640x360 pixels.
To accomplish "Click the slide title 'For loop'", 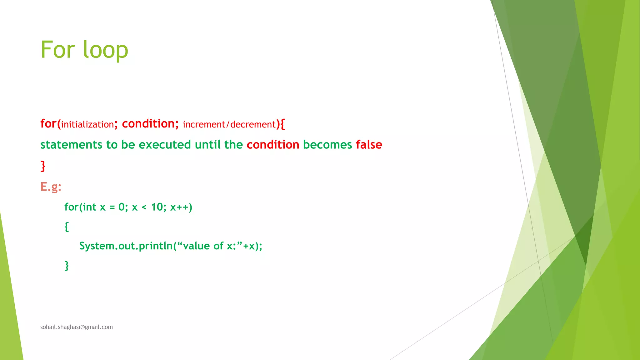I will pos(84,50).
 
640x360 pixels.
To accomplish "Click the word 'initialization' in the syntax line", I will pos(87,124).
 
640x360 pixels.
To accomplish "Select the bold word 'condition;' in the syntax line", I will pos(150,124).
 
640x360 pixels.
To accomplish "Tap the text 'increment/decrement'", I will pos(229,124).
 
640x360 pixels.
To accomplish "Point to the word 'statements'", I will pos(71,145).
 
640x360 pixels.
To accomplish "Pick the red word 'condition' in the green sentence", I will pos(273,145).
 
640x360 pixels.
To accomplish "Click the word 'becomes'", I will pos(327,145).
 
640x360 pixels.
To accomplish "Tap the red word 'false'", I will pos(369,145).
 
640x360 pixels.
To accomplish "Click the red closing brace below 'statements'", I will pos(43,166).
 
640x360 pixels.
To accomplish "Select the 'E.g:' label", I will pos(51,187).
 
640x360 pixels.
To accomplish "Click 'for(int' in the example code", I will pos(80,207).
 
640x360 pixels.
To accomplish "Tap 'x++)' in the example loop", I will pos(181,207).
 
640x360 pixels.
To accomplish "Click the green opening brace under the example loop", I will pos(67,227).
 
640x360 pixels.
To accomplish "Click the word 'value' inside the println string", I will pos(196,246).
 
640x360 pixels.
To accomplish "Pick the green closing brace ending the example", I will pos(67,266).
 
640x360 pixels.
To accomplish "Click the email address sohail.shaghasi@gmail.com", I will pos(77,327).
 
